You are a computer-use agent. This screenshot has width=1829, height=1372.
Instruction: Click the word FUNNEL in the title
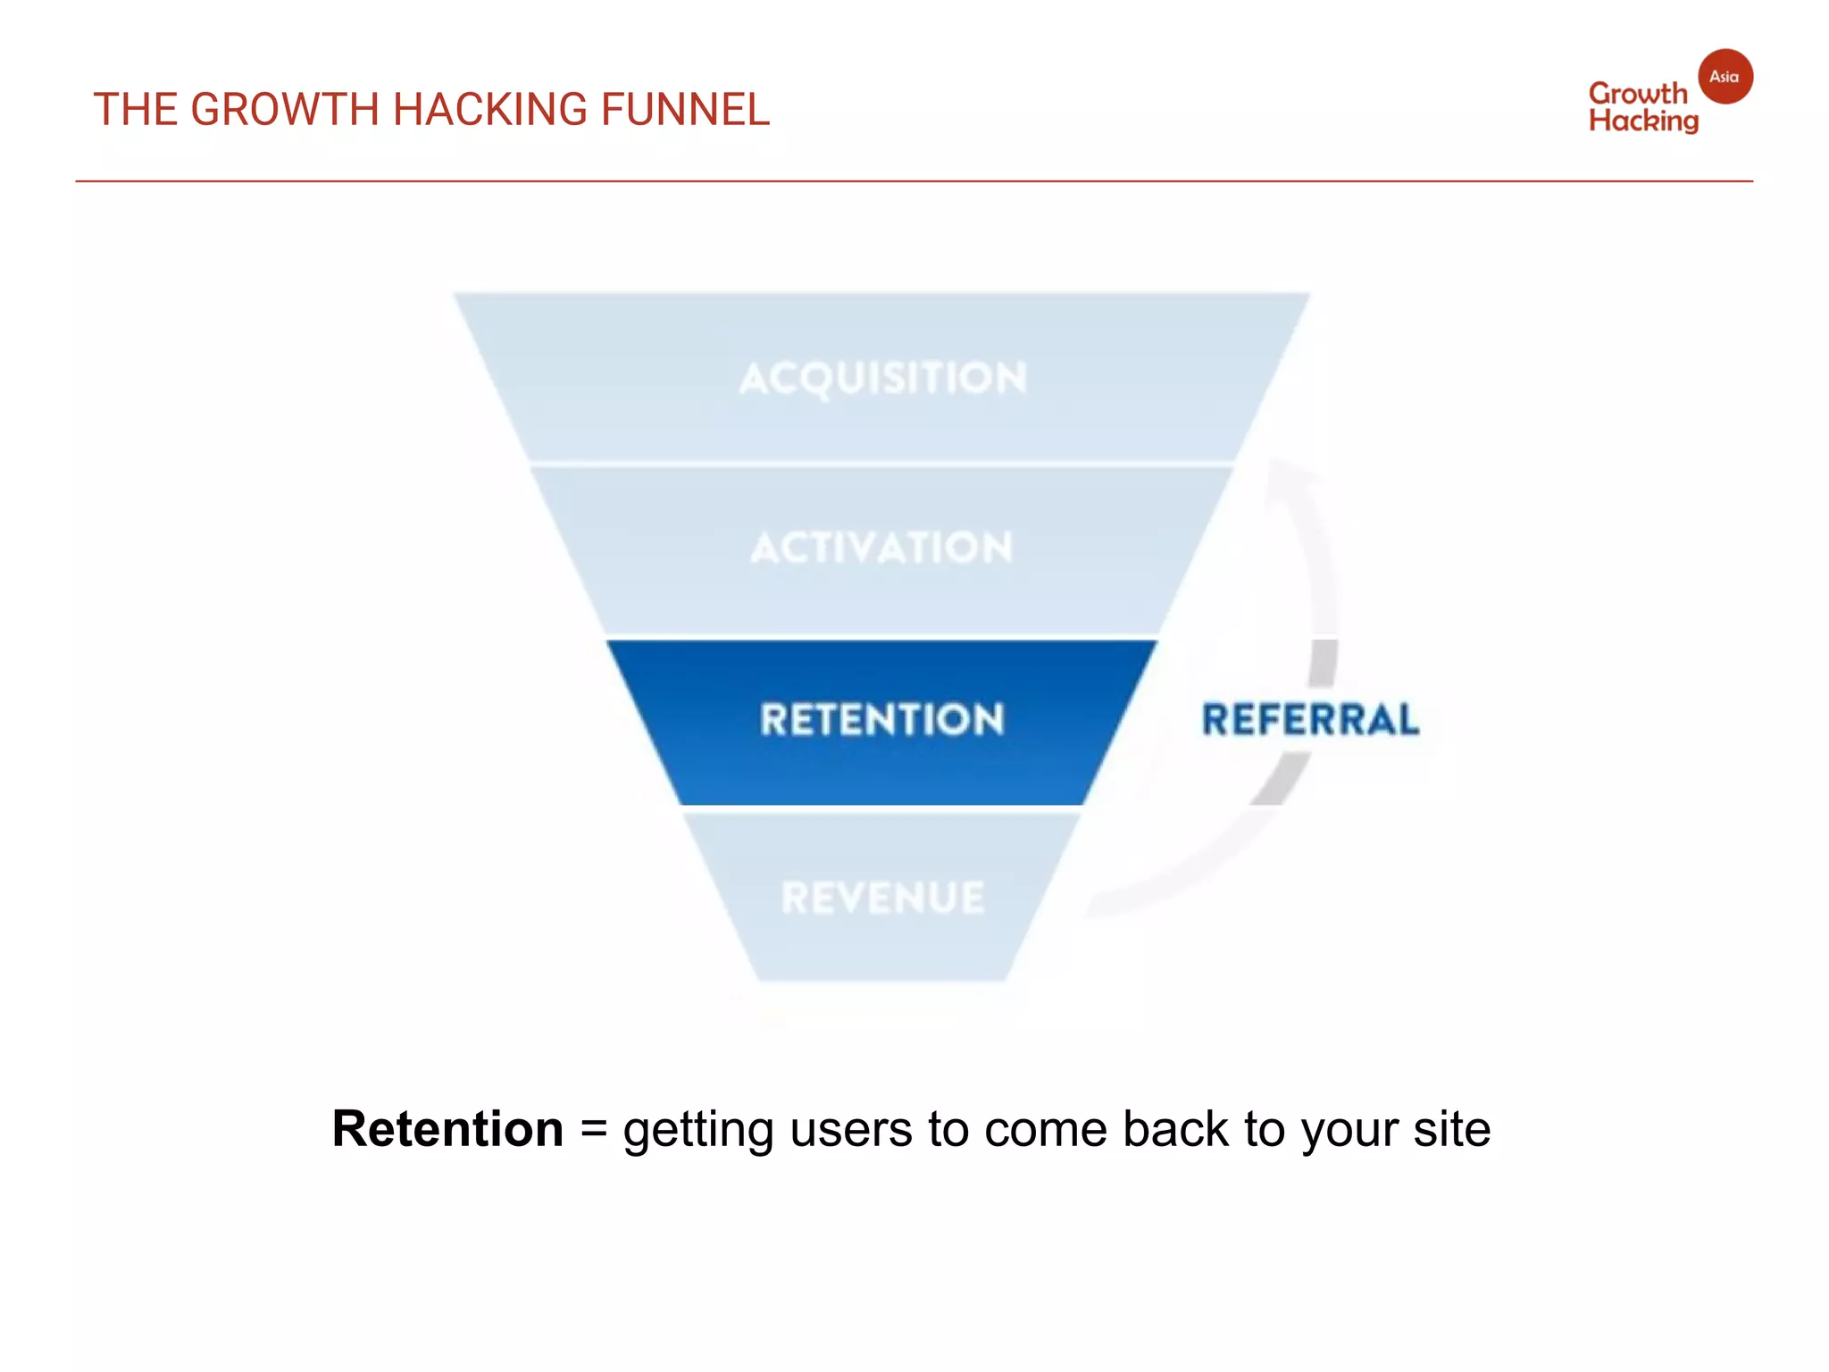[x=684, y=110]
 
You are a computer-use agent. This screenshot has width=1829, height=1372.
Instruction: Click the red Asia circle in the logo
[x=1724, y=77]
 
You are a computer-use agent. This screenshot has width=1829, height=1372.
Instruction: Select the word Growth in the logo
[x=1637, y=94]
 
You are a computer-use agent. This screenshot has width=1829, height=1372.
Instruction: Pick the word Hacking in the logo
[x=1643, y=121]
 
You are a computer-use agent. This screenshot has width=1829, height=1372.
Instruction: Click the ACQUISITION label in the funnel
[x=882, y=378]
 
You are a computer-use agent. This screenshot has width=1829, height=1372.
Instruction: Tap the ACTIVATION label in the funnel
[x=882, y=548]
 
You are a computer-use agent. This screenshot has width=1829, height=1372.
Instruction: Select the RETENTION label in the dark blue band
[x=882, y=720]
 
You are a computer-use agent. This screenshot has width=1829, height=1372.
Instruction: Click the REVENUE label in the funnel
[x=882, y=898]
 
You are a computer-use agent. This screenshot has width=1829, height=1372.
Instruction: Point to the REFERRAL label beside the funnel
[x=1309, y=720]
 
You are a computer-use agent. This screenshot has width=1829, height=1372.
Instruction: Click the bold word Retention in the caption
[x=447, y=1129]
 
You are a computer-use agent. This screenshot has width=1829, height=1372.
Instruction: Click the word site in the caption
[x=1451, y=1129]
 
